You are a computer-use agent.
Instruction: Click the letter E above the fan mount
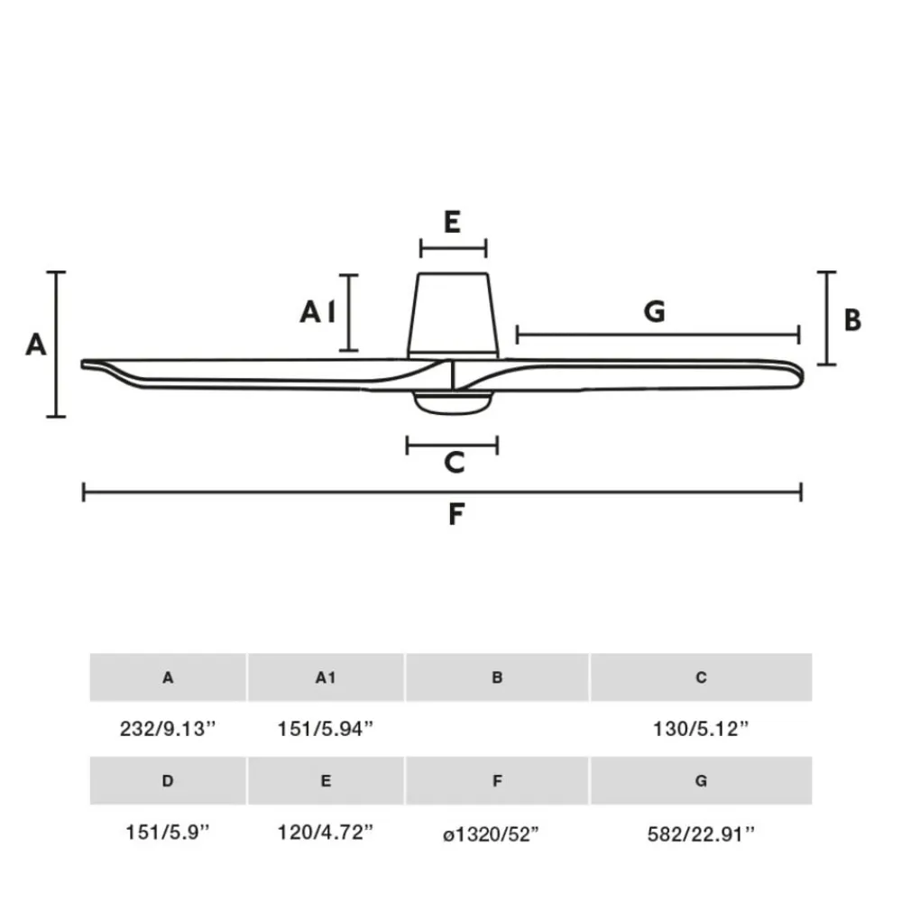(x=452, y=222)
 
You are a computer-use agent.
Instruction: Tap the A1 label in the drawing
(x=318, y=312)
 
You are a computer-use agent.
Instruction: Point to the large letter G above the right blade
(x=655, y=311)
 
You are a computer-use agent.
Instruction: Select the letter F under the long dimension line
(x=456, y=514)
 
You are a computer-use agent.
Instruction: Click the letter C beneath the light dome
(x=454, y=462)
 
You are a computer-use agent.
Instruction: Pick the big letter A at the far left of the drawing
(x=36, y=345)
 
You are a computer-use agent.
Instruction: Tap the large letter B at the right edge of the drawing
(x=852, y=320)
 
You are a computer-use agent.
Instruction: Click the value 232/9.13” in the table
(x=168, y=729)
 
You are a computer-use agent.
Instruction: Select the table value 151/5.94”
(x=326, y=729)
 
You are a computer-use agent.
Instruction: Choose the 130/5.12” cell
(x=701, y=729)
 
